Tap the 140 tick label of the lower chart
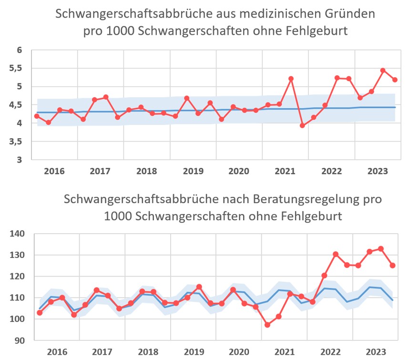[x=16, y=234]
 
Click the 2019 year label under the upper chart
[x=193, y=170]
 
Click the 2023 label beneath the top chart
[x=377, y=170]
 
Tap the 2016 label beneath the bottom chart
[x=55, y=351]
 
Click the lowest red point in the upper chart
[x=302, y=125]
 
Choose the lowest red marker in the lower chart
[x=267, y=325]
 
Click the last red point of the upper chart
[x=395, y=80]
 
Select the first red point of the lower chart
[x=40, y=313]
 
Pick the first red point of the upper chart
[x=37, y=116]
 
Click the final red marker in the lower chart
[x=393, y=266]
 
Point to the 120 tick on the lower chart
[x=16, y=277]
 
